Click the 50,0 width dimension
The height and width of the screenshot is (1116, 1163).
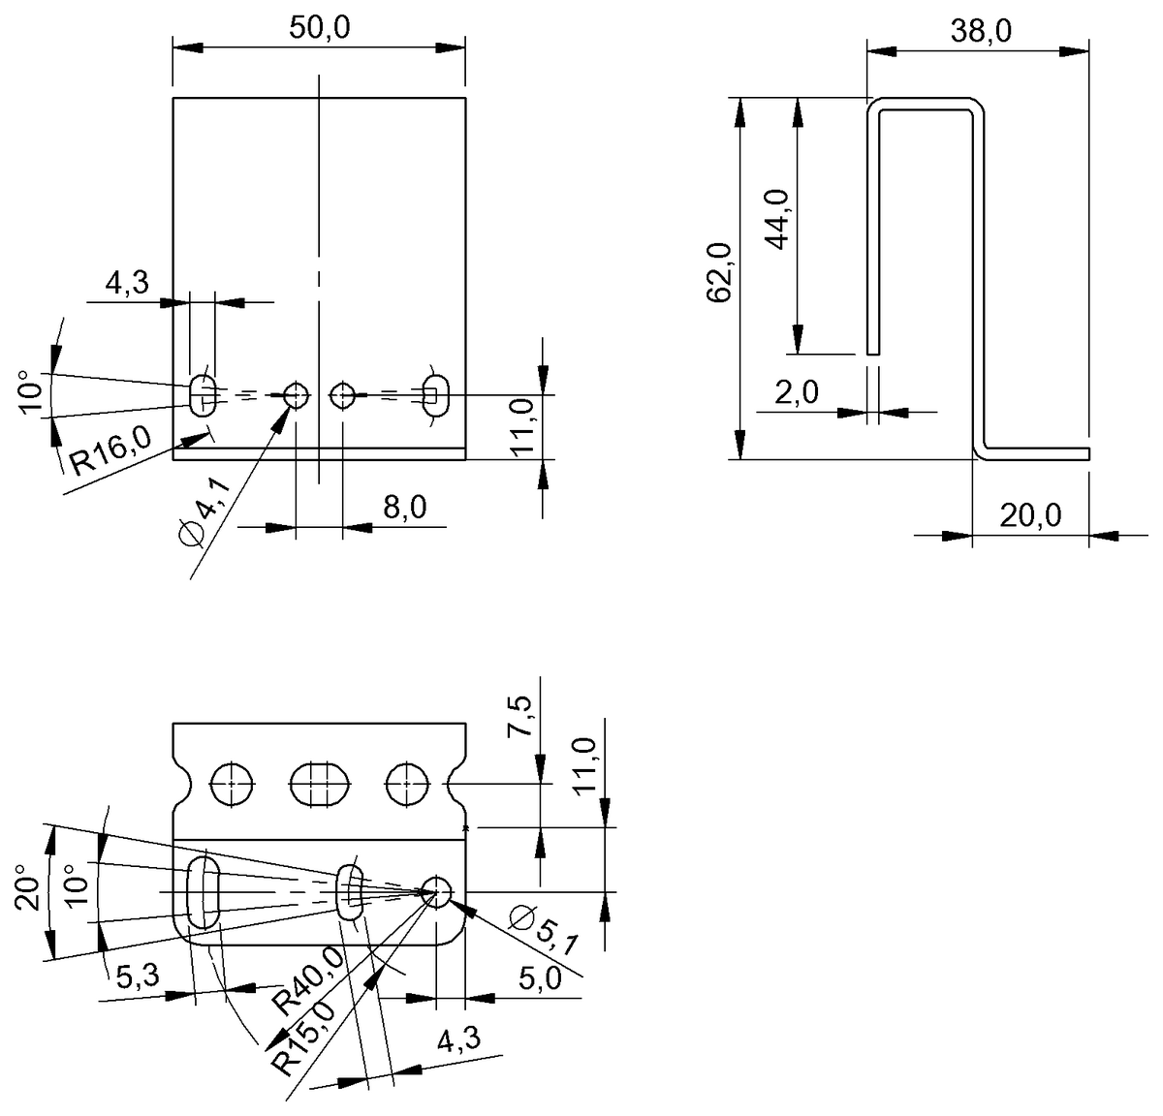click(319, 28)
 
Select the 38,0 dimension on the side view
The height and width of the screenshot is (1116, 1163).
click(981, 32)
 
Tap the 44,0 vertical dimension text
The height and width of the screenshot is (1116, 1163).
click(778, 221)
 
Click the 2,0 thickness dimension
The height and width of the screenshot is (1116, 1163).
click(797, 393)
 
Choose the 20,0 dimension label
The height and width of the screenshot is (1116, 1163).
click(1030, 515)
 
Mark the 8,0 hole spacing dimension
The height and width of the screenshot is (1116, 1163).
click(404, 508)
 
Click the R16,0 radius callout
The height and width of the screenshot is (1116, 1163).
click(110, 451)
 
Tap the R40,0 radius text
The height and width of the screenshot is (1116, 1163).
click(308, 979)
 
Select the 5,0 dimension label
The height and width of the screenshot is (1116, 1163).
click(540, 978)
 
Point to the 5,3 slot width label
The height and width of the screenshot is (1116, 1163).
click(137, 976)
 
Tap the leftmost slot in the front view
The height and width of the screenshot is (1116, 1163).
click(203, 395)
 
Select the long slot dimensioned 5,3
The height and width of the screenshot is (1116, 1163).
click(204, 890)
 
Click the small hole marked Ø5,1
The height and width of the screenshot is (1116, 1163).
click(436, 891)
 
